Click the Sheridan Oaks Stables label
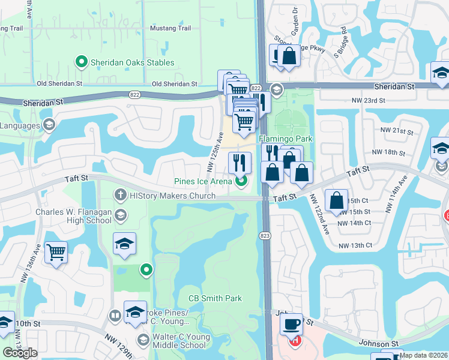pyautogui.click(x=132, y=62)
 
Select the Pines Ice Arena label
pyautogui.click(x=203, y=181)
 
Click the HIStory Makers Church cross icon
pyautogui.click(x=120, y=194)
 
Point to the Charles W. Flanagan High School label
pyautogui.click(x=73, y=216)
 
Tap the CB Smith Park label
pyautogui.click(x=215, y=298)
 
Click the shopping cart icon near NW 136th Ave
pyautogui.click(x=56, y=252)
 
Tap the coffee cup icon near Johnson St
pyautogui.click(x=292, y=324)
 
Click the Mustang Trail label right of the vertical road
pyautogui.click(x=170, y=28)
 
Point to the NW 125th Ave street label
pyautogui.click(x=216, y=153)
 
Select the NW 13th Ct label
pyautogui.click(x=355, y=245)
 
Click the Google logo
pyautogui.click(x=20, y=353)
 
